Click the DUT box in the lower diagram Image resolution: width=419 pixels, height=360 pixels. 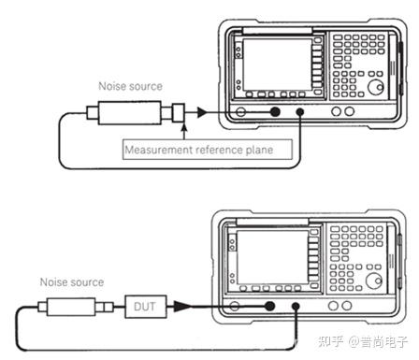(145, 307)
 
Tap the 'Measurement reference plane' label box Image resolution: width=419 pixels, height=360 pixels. (208, 150)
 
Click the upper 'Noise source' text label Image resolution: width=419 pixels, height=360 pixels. (130, 86)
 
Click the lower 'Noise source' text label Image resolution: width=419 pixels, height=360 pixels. (72, 282)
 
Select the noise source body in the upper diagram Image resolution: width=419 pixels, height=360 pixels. (129, 112)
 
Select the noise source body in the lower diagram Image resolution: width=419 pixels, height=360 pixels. (71, 307)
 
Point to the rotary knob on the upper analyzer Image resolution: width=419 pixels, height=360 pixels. (375, 87)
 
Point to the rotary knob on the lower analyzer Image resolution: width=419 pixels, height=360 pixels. (373, 281)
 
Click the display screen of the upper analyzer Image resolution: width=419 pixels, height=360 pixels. (277, 65)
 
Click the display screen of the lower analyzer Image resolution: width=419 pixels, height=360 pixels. (273, 257)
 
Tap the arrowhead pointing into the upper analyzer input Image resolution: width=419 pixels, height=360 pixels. (202, 112)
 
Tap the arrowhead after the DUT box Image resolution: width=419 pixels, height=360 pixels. (181, 306)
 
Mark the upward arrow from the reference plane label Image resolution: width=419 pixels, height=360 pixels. (184, 132)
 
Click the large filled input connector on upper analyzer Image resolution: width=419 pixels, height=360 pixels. (275, 112)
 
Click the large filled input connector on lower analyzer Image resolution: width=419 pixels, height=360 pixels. (269, 306)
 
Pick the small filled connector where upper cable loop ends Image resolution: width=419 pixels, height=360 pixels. (300, 112)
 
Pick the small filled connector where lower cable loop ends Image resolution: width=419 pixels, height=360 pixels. (296, 307)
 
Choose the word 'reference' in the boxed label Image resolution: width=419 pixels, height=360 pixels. (220, 150)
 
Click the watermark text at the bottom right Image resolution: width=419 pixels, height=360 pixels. (363, 341)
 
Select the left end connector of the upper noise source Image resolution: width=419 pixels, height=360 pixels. (93, 113)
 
